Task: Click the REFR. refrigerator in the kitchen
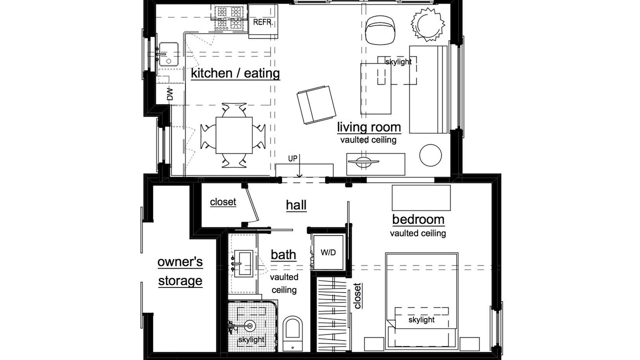[x=263, y=21]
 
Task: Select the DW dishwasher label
[x=169, y=94]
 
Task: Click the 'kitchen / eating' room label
[x=235, y=73]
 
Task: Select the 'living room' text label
[x=368, y=127]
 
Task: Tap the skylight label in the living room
[x=398, y=61]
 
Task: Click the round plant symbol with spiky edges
[x=427, y=24]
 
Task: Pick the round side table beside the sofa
[x=430, y=155]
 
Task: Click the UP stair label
[x=292, y=158]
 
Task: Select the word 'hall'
[x=296, y=204]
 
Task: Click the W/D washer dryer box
[x=328, y=252]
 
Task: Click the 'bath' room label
[x=283, y=254]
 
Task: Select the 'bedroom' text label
[x=418, y=219]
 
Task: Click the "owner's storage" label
[x=180, y=271]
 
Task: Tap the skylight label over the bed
[x=421, y=319]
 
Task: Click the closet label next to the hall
[x=222, y=202]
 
